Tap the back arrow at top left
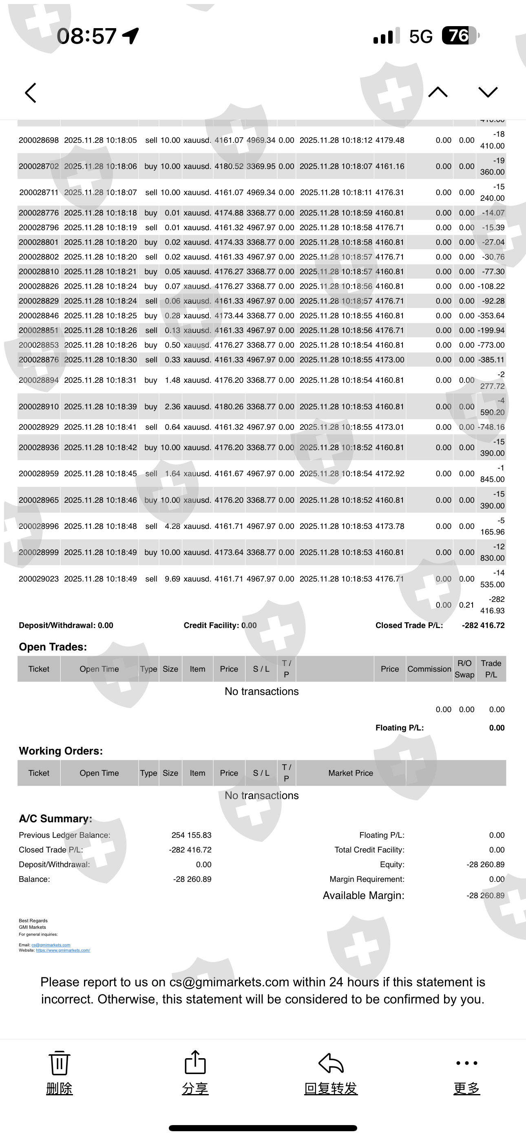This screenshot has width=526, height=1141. [31, 93]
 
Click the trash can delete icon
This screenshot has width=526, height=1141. [59, 1063]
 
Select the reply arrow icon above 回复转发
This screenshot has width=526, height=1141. [331, 1063]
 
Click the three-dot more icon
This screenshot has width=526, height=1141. [466, 1063]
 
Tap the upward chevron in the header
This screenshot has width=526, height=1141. [438, 92]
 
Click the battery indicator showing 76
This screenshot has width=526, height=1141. [460, 36]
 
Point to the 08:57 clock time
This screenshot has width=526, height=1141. [87, 36]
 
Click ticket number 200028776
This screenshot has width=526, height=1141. [38, 213]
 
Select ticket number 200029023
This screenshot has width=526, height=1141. [38, 579]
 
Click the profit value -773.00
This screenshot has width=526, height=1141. [491, 345]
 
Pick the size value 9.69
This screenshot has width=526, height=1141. [172, 579]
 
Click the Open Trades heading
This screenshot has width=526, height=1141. [53, 647]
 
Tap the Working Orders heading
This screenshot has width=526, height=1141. [61, 751]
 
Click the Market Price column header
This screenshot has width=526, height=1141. [350, 773]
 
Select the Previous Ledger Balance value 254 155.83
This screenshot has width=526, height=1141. [191, 835]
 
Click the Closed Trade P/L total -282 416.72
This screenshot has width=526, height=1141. [483, 626]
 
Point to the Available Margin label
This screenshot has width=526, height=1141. [363, 895]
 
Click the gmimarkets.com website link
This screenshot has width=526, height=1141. [63, 950]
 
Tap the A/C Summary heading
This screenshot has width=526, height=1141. [55, 819]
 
